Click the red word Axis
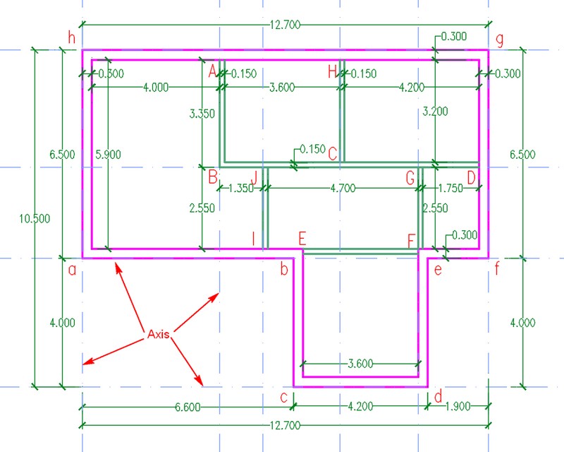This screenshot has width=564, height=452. tap(158, 334)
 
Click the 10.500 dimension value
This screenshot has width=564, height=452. tap(35, 218)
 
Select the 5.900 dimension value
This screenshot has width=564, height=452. tap(109, 155)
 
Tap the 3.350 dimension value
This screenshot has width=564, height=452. tap(202, 114)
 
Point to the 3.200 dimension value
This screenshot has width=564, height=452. tap(435, 112)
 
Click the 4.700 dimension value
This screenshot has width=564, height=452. tap(343, 188)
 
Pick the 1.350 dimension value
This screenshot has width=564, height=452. tap(241, 188)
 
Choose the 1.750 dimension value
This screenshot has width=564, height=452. tap(450, 188)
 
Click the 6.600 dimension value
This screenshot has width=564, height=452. tap(188, 407)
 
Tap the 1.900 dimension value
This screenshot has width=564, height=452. tap(458, 407)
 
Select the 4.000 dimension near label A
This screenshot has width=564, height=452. tap(156, 88)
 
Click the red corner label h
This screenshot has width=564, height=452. tap(72, 37)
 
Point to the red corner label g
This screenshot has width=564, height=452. tap(500, 40)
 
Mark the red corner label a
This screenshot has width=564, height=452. tap(73, 270)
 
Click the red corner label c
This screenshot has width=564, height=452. tap(284, 398)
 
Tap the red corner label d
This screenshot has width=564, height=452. tap(438, 396)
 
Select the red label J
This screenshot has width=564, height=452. tap(255, 178)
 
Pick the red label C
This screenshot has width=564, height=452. tap(333, 154)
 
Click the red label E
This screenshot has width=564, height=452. tap(302, 239)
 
